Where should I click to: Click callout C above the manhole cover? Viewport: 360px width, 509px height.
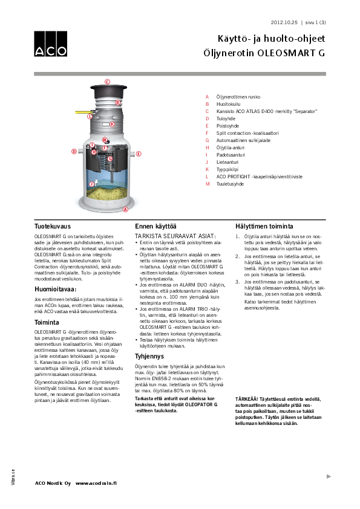click(x=108, y=80)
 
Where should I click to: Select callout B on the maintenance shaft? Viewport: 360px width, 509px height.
click(x=118, y=103)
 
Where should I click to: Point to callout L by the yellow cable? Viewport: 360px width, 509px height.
click(x=90, y=116)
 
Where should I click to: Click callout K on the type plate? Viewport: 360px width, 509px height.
click(x=112, y=123)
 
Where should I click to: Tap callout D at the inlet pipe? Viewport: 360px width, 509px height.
click(x=74, y=151)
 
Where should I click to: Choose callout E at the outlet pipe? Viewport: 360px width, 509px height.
click(x=139, y=154)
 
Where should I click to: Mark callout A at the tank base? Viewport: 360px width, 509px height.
click(x=125, y=210)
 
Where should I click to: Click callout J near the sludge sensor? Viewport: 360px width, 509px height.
click(x=92, y=184)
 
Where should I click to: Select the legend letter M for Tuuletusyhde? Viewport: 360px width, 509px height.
click(x=207, y=184)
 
